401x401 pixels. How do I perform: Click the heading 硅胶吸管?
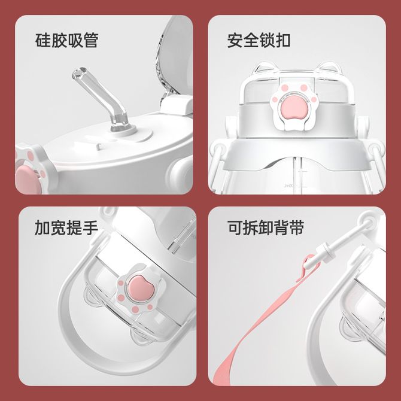tap(67, 41)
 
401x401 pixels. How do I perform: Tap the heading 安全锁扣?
tap(259, 41)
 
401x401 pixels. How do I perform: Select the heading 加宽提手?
tap(66, 228)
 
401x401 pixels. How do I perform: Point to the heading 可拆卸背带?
tap(266, 228)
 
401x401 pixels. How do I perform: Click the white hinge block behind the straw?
tap(177, 105)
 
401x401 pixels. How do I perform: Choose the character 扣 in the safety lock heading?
tap(283, 41)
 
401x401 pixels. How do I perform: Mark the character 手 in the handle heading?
tap(90, 228)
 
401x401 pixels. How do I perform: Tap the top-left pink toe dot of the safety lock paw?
tap(284, 88)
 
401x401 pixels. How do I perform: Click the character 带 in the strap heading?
tap(297, 228)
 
